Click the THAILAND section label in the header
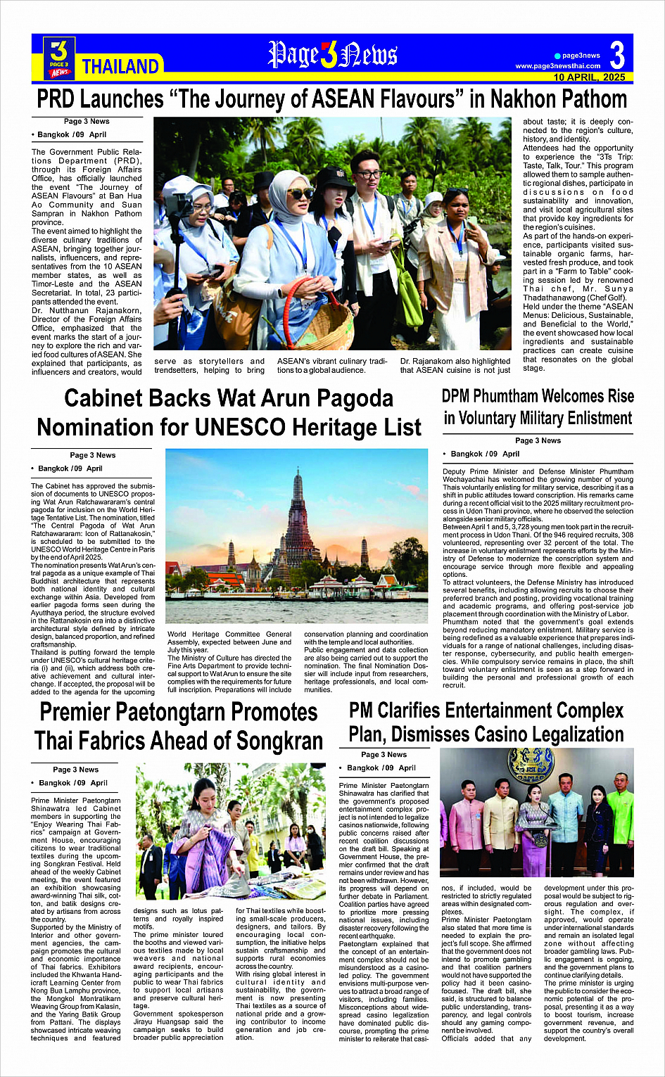[120, 67]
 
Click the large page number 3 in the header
[616, 56]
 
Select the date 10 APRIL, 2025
[589, 77]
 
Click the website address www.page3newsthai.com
[558, 66]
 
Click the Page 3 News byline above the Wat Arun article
[92, 455]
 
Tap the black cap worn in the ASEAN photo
[333, 177]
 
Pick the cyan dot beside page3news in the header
[557, 56]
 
